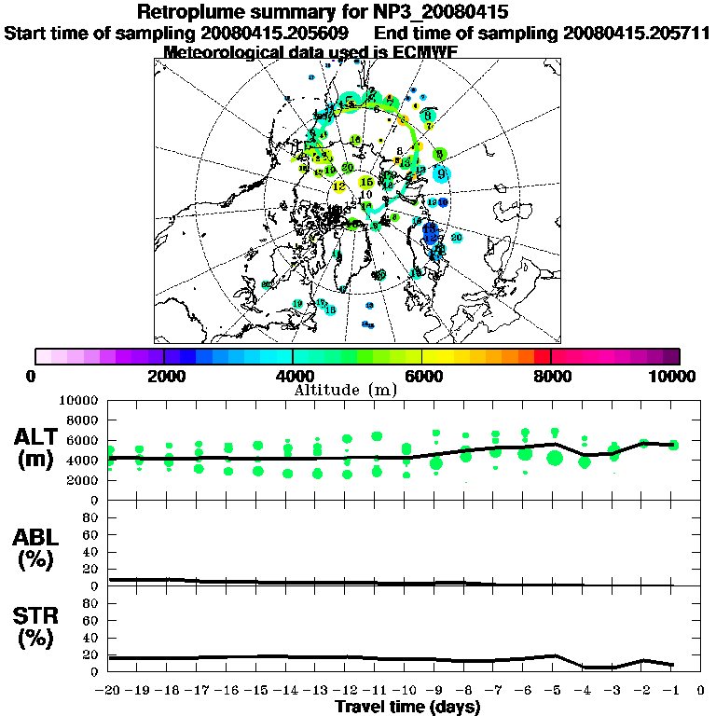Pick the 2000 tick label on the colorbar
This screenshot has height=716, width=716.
coord(164,376)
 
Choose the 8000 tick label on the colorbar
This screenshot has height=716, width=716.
coord(551,376)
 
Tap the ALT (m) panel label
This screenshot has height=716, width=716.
coord(37,447)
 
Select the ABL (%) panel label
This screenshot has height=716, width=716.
coord(37,548)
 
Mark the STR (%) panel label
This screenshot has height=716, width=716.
coord(37,626)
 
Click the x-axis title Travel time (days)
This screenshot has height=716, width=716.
coord(407,708)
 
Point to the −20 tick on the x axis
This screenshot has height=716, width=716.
coord(107,691)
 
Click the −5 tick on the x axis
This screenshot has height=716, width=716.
coord(554,691)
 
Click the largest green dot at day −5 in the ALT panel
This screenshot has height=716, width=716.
coord(555,457)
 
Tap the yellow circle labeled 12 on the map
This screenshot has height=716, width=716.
coord(339,186)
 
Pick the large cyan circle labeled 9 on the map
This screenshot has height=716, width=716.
coord(441,172)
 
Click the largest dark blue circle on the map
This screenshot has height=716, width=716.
coord(430,230)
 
